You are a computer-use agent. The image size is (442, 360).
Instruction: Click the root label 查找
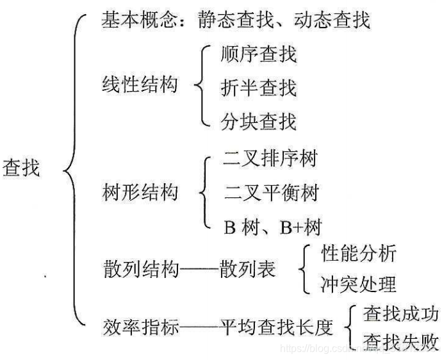coord(22,168)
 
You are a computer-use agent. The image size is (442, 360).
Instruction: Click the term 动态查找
coord(332,20)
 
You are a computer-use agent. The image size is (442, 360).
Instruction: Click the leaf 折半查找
coord(259,86)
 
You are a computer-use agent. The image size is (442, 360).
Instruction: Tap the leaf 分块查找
coord(259,120)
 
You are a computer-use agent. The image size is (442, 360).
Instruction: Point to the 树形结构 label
coord(140,192)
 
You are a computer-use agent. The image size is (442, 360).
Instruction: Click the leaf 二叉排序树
coord(270,158)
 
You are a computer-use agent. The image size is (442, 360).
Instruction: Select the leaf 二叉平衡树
coord(270,192)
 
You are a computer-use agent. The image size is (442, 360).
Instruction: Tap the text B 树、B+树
coord(272,225)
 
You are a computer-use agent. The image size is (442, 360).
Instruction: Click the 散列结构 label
coord(140,269)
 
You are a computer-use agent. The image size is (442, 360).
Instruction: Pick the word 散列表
coord(247,269)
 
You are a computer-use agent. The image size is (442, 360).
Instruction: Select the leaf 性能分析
coord(358,254)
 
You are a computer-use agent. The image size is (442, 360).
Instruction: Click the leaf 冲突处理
coord(358,284)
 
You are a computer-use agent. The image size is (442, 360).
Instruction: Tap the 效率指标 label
coord(140,327)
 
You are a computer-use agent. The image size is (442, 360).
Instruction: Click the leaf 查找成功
coord(401,313)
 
